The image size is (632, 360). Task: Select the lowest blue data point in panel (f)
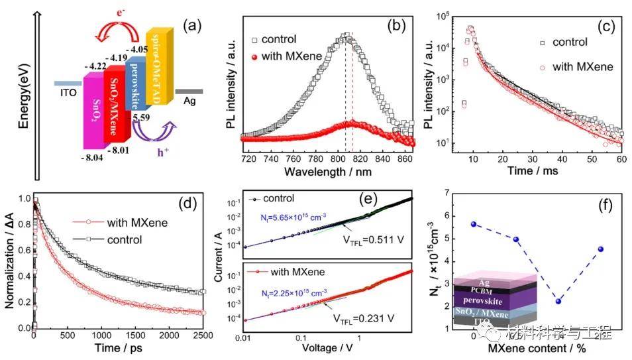558,301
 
